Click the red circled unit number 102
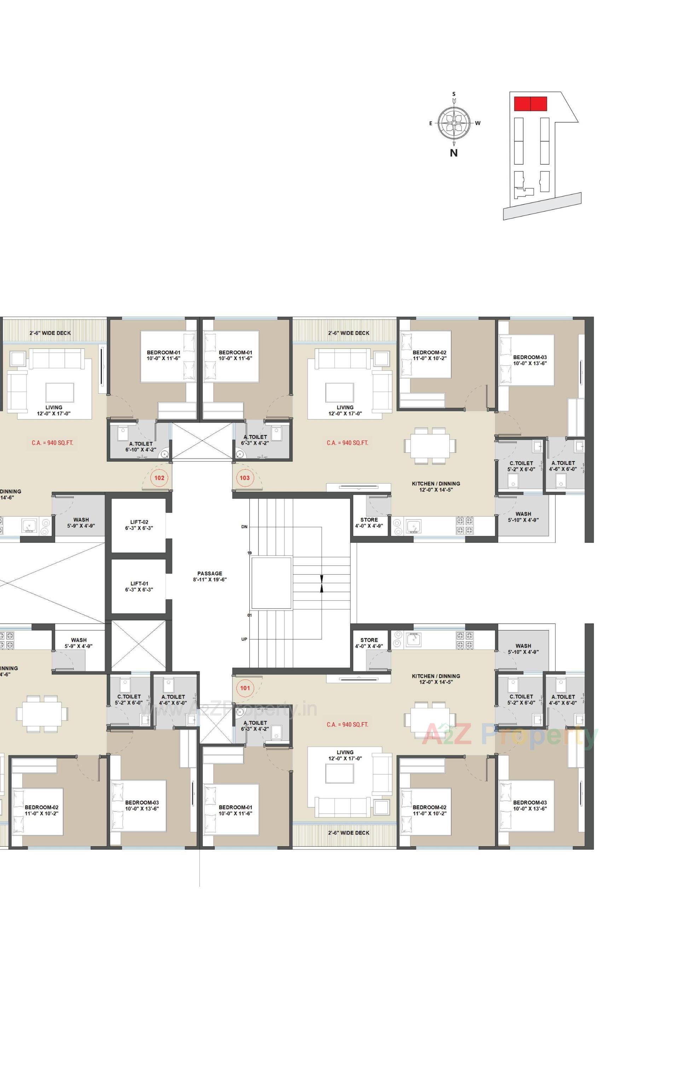coord(159,478)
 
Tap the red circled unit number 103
coord(245,478)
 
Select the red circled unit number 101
coord(245,688)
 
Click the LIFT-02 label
coord(139,525)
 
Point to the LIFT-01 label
coord(139,587)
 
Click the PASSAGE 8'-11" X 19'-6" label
coord(210,576)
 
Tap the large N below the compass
coord(454,153)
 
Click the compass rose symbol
coord(454,123)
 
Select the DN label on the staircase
coord(244,527)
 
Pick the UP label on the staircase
coord(244,639)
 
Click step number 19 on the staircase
coord(250,553)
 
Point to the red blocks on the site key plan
coord(530,104)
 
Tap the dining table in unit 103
coord(429,445)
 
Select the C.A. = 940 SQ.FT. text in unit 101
coord(348,725)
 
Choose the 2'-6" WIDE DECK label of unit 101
coord(349,833)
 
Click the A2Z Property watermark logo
coord(509,735)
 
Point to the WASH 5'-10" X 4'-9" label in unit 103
coord(523,517)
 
